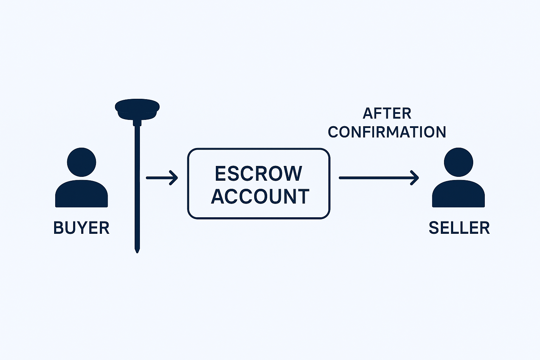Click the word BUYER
pyautogui.click(x=81, y=228)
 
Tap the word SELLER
pyautogui.click(x=459, y=228)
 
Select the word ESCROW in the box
pyautogui.click(x=258, y=174)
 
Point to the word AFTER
pyautogui.click(x=387, y=114)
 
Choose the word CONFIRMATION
pyautogui.click(x=387, y=132)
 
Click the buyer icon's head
pyautogui.click(x=82, y=162)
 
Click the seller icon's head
pyautogui.click(x=458, y=162)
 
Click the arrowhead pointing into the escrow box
pyautogui.click(x=174, y=178)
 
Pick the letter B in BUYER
pyautogui.click(x=58, y=228)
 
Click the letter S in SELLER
pyautogui.click(x=434, y=228)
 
